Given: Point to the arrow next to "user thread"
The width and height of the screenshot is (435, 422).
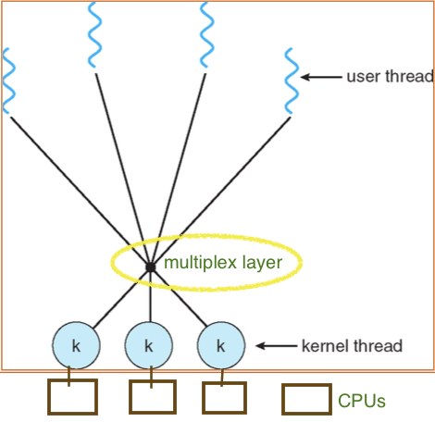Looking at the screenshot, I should point(323,77).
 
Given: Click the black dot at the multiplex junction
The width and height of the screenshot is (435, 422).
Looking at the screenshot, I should point(149,268).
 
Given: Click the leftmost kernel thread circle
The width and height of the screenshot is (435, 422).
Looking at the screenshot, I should point(77,346).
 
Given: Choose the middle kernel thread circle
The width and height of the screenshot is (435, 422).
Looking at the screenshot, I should point(148,346).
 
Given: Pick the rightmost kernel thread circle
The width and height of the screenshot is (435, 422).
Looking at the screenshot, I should point(220,346).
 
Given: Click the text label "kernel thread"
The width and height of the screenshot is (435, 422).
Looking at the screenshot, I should point(353,346).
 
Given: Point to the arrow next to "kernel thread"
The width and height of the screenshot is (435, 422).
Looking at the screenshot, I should point(275,346).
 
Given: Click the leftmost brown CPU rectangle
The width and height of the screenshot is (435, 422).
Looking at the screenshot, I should point(72,397).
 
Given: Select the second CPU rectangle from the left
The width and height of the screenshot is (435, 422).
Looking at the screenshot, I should point(152,397).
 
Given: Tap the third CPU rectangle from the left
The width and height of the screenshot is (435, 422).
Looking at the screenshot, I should point(224,397).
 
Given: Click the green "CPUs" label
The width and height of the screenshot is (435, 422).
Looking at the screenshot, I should point(361,401).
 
